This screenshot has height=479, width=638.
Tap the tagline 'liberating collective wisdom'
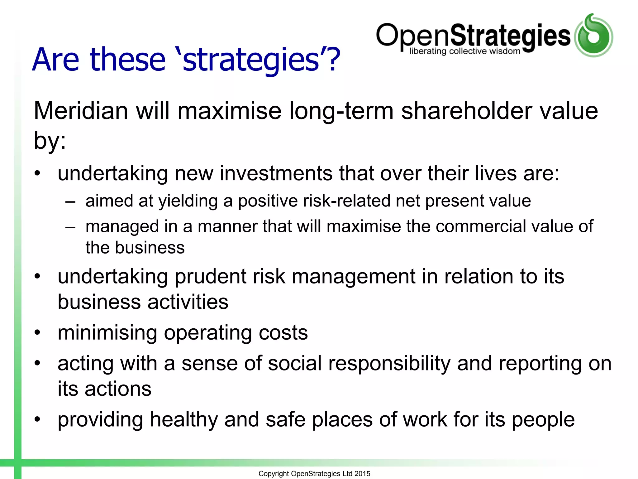pyautogui.click(x=464, y=51)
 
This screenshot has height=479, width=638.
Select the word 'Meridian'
pyautogui.click(x=81, y=111)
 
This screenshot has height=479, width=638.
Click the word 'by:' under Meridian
pyautogui.click(x=50, y=140)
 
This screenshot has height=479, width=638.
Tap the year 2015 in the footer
pyautogui.click(x=362, y=474)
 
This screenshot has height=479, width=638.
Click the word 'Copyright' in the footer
pyautogui.click(x=274, y=474)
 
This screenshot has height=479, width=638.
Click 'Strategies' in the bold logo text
pyautogui.click(x=510, y=36)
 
